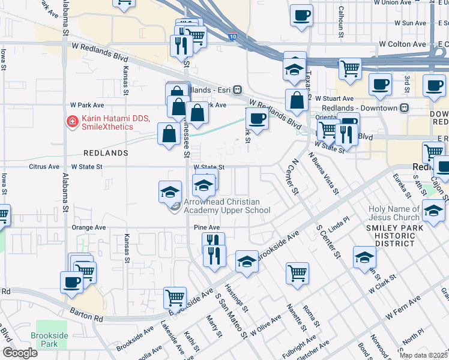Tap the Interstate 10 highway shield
click(232, 37)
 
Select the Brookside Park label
click(46, 340)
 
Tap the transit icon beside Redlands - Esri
click(238, 89)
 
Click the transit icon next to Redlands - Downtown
click(404, 108)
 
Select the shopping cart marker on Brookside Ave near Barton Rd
click(175, 296)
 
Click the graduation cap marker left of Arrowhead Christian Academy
click(170, 191)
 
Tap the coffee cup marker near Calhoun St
click(301, 14)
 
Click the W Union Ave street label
click(394, 2)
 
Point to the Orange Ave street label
click(88, 228)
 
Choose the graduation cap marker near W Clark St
click(364, 256)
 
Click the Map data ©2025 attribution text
click(424, 355)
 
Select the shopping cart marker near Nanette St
click(297, 272)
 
